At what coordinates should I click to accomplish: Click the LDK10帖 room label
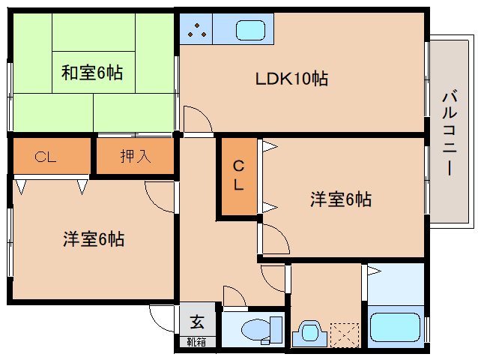[x=291, y=78]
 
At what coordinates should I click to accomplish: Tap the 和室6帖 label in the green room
[x=92, y=73]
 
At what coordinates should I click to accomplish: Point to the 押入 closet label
[x=136, y=157]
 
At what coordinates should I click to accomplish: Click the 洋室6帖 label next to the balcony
[x=341, y=199]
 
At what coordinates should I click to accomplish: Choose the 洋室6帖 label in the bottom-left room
[x=93, y=239]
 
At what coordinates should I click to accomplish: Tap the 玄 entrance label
[x=197, y=322]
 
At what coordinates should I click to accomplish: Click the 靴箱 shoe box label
[x=197, y=342]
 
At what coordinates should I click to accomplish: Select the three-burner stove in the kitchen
[x=197, y=30]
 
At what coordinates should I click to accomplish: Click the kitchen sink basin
[x=249, y=31]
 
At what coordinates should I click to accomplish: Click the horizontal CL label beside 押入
[x=46, y=157]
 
